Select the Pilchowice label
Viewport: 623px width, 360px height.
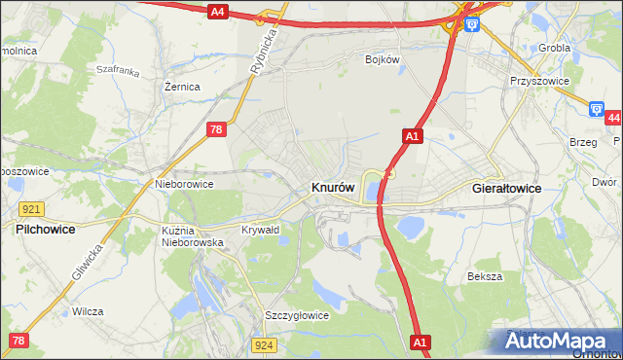(x=46, y=229)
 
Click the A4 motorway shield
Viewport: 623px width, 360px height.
(x=218, y=12)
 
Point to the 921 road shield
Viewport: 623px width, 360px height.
(x=30, y=209)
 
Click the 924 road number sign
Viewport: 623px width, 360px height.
(x=264, y=344)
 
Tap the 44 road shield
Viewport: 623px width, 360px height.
(x=612, y=118)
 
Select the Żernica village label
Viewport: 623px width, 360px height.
(x=182, y=87)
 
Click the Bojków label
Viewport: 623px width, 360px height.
(x=383, y=59)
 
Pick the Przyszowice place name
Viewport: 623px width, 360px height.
(x=538, y=82)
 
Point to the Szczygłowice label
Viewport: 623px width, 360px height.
(x=297, y=315)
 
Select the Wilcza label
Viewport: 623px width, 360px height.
(x=88, y=311)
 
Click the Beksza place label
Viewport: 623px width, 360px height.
(x=484, y=276)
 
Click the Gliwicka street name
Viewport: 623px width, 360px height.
(x=87, y=261)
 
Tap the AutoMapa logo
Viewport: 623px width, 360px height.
(x=561, y=341)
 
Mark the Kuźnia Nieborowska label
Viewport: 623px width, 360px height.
(x=193, y=235)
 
